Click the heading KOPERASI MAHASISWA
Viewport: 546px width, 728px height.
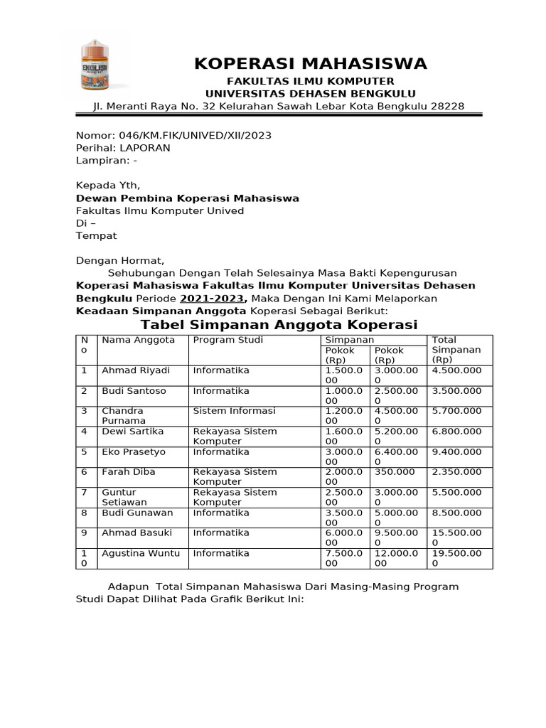point(311,64)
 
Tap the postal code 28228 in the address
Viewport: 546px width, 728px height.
point(448,106)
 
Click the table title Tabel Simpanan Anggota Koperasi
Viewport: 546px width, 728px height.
point(279,325)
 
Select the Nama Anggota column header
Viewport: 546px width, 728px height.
point(138,340)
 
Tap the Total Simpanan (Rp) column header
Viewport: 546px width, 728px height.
point(456,349)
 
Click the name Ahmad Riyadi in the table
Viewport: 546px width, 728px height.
point(136,370)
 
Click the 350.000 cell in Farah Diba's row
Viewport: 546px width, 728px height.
point(390,472)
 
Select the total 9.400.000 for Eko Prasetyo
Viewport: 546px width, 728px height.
point(456,452)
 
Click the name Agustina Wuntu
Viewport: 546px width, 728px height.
point(141,553)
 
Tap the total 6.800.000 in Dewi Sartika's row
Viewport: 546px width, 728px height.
point(456,432)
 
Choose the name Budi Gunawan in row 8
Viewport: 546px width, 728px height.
point(137,513)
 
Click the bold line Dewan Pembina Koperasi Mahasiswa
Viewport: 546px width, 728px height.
point(188,198)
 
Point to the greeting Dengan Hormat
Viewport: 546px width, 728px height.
point(120,260)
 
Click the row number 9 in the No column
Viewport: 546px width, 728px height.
point(84,533)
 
